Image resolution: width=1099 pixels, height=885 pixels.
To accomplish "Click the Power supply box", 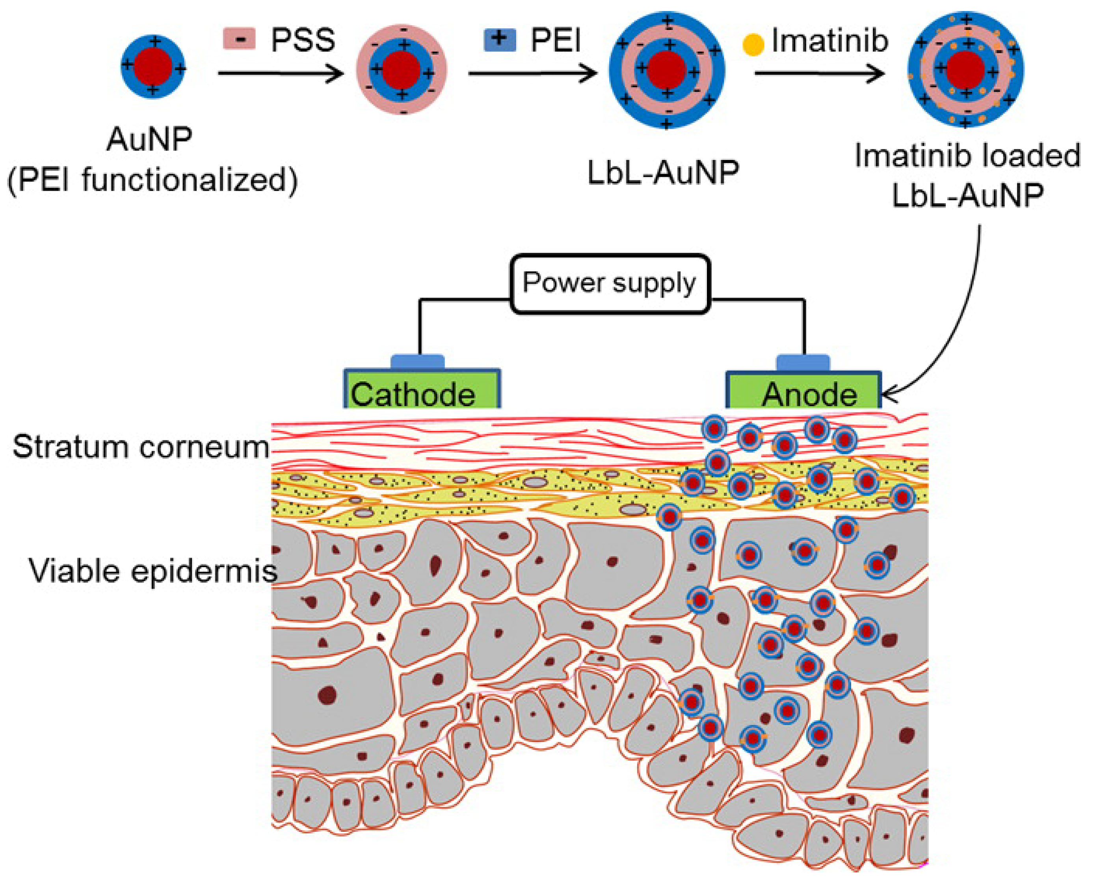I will pyautogui.click(x=610, y=284).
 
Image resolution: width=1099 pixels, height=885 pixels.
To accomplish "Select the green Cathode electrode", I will pyautogui.click(x=422, y=390).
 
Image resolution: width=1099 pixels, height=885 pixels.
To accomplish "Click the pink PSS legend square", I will pyautogui.click(x=239, y=39).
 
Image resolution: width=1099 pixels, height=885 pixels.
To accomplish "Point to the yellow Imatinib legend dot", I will pyautogui.click(x=753, y=44).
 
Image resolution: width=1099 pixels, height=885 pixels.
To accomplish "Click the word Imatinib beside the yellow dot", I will pyautogui.click(x=830, y=41).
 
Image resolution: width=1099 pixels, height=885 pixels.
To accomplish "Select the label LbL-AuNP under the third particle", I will pyautogui.click(x=663, y=173).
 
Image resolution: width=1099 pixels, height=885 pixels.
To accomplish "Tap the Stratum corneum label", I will pyautogui.click(x=141, y=447).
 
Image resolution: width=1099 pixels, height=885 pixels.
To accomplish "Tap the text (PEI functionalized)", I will pyautogui.click(x=152, y=180).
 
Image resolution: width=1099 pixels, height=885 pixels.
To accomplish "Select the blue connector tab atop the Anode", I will pyautogui.click(x=803, y=362).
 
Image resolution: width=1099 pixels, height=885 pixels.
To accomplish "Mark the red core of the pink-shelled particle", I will pyautogui.click(x=402, y=69).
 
